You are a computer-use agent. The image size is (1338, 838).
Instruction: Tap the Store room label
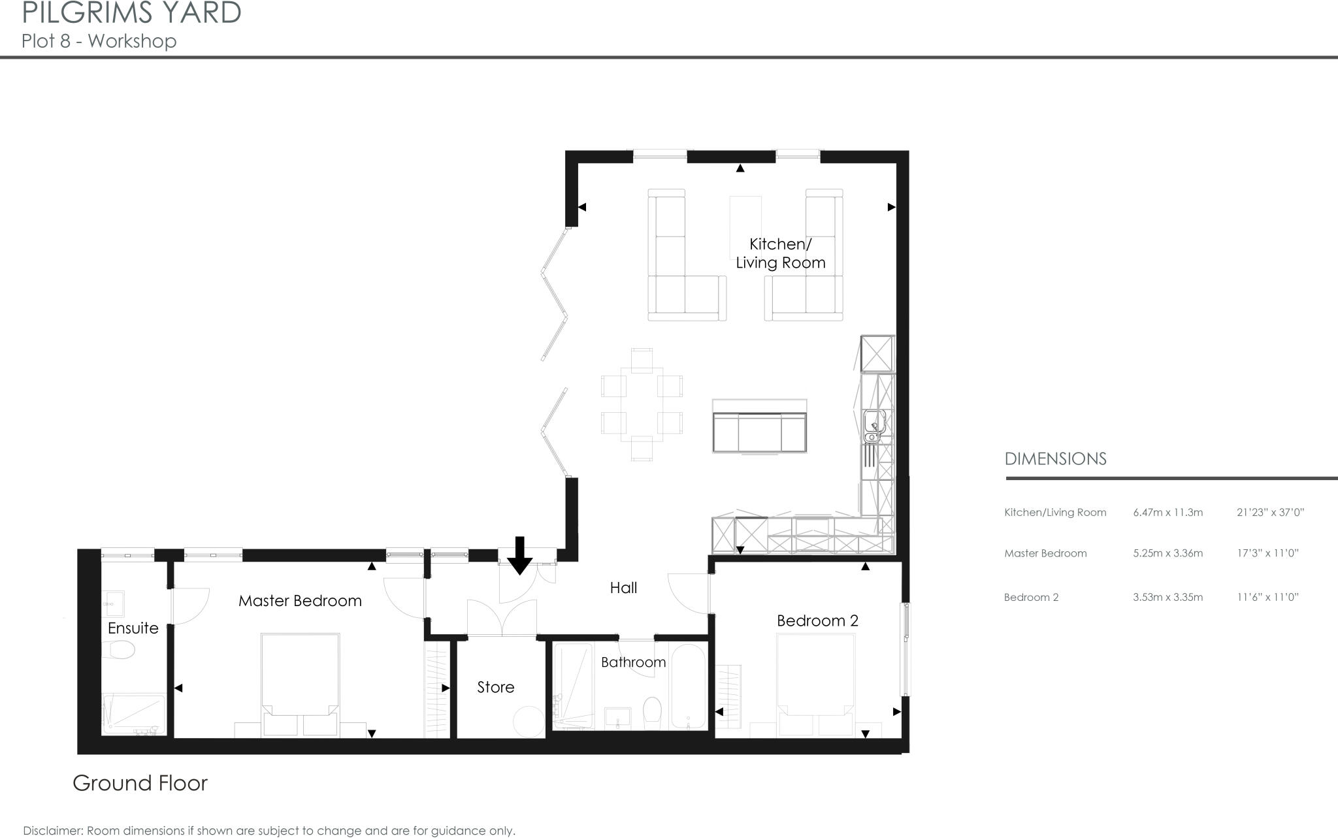[x=495, y=687]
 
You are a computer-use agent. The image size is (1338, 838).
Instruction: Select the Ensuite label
[x=133, y=628]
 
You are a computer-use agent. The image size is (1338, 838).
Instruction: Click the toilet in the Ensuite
[x=121, y=649]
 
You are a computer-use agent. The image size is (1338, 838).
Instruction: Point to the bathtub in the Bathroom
[x=688, y=687]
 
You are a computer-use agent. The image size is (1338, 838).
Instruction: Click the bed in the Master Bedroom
[x=300, y=683]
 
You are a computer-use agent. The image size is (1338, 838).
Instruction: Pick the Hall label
[x=623, y=588]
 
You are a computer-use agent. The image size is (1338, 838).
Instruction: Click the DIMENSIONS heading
[x=1055, y=459]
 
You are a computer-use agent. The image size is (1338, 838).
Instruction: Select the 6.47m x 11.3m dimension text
[x=1167, y=513]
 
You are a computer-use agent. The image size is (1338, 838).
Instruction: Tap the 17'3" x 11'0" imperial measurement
[x=1267, y=553]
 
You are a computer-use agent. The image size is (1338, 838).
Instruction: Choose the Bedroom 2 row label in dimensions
[x=1031, y=597]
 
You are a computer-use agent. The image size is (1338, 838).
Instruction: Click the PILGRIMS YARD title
[x=131, y=13]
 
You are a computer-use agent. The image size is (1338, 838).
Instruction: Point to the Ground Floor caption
[x=140, y=783]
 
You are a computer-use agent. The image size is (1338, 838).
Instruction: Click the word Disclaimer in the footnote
[x=52, y=831]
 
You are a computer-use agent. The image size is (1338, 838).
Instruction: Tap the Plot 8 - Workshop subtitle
[x=99, y=41]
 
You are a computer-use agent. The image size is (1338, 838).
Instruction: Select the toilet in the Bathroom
[x=653, y=712]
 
